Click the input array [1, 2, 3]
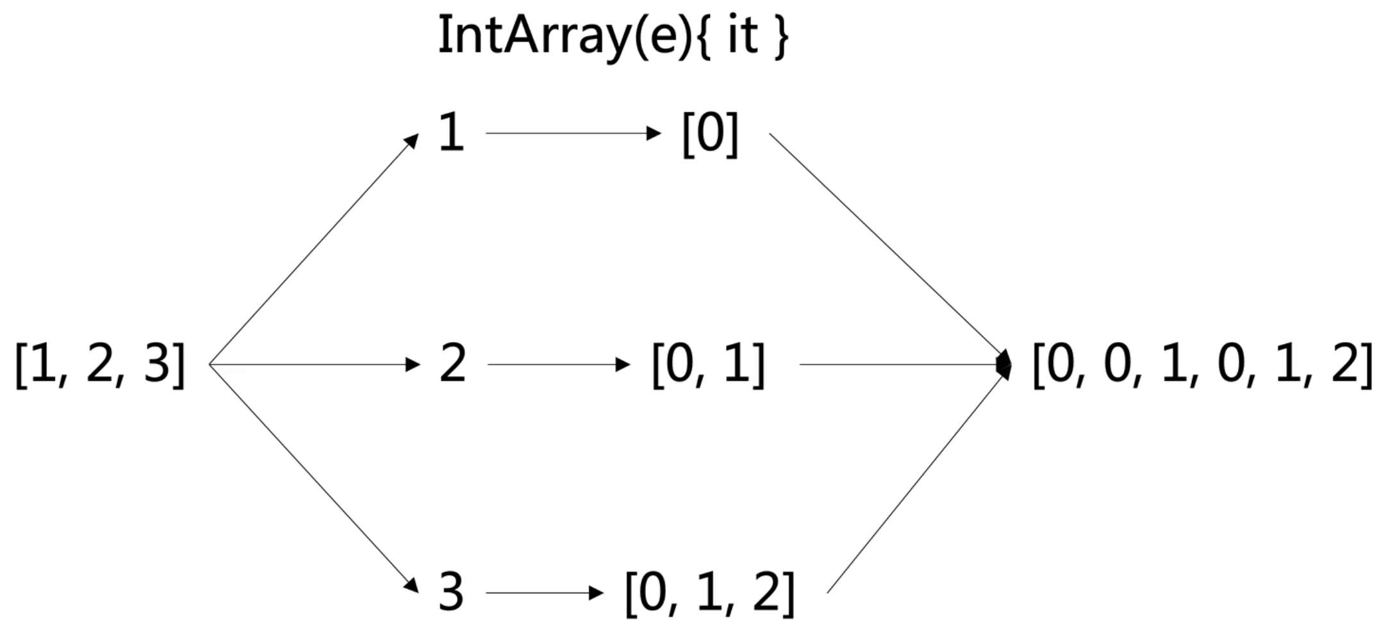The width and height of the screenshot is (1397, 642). [x=100, y=365]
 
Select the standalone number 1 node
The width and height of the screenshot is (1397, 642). [x=451, y=133]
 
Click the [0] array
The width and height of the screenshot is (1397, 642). [x=710, y=134]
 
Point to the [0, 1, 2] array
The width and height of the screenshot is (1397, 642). [x=709, y=593]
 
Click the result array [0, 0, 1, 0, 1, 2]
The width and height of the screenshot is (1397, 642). [x=1202, y=365]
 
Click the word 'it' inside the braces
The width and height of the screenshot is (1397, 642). [x=743, y=35]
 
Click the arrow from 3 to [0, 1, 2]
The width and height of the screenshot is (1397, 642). [x=544, y=593]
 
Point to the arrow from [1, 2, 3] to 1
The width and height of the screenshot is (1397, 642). [x=314, y=249]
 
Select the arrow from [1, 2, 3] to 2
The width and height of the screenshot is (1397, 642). [x=314, y=365]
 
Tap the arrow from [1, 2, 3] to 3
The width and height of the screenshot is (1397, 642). [x=314, y=479]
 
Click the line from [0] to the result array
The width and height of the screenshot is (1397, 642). [x=888, y=247]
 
